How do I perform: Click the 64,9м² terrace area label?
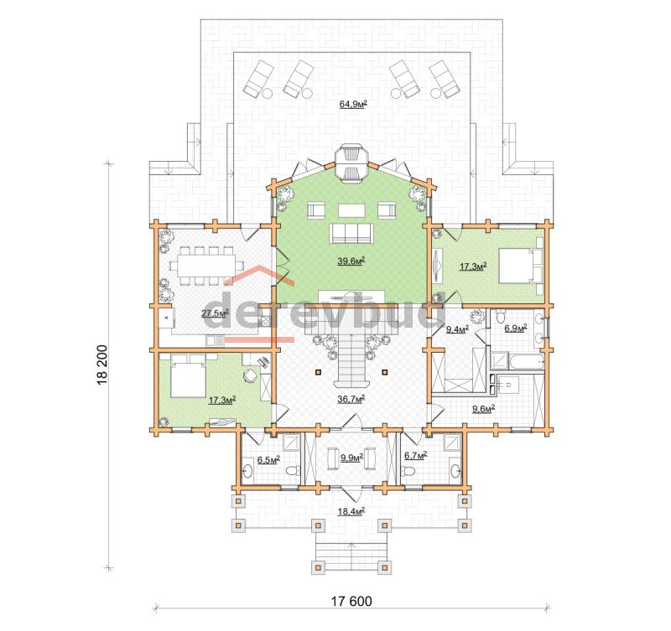click(353, 104)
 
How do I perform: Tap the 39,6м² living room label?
click(351, 261)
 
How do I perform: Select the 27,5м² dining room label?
click(215, 313)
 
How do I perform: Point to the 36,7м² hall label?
click(351, 399)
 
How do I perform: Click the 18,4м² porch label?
click(351, 511)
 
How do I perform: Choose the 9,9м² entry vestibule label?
click(351, 458)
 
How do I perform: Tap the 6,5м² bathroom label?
click(268, 460)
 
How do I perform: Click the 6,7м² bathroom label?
click(415, 456)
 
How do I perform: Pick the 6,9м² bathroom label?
click(516, 328)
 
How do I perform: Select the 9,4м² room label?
click(457, 329)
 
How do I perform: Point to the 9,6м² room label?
click(484, 409)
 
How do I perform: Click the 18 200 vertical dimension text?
click(103, 365)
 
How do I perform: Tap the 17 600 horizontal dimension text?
click(351, 601)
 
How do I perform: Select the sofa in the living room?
click(351, 234)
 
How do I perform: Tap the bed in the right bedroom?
click(521, 266)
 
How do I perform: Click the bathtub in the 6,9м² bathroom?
click(526, 360)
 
